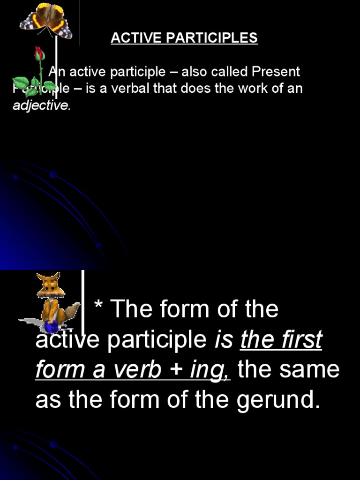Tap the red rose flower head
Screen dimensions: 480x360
coord(39,53)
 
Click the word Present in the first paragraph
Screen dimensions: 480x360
coord(276,72)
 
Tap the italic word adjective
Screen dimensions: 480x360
coord(41,105)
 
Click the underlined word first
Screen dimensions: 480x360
coord(302,339)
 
